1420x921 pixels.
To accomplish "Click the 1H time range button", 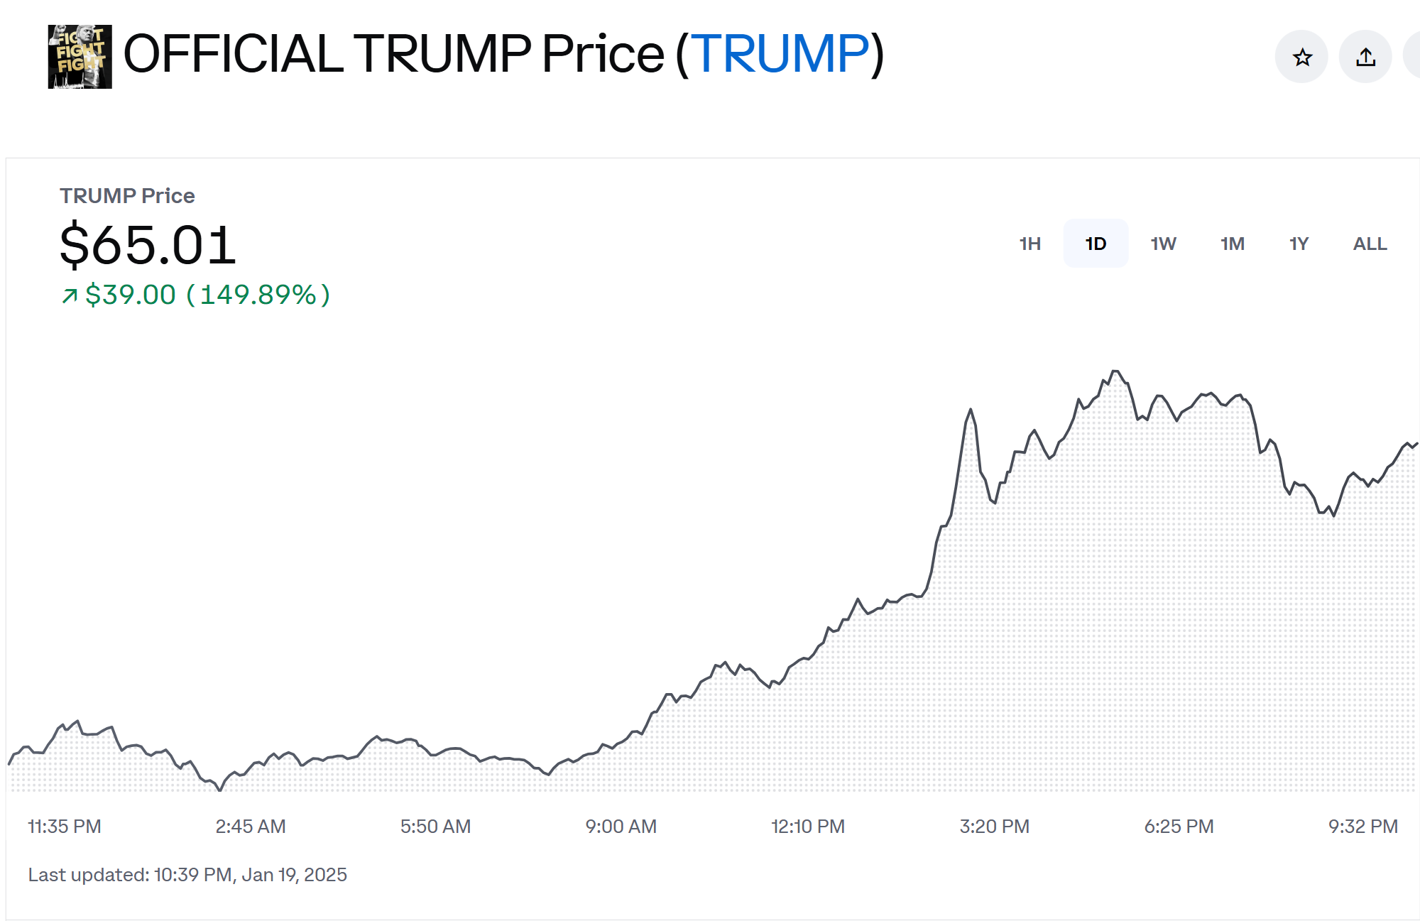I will [1029, 244].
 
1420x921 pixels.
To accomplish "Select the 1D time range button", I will [1096, 244].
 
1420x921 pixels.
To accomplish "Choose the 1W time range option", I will [1163, 244].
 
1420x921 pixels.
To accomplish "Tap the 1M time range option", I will [1232, 244].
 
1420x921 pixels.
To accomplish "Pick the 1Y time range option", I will [1299, 244].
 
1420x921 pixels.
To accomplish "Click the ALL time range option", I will [1370, 244].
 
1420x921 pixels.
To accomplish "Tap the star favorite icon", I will [1301, 57].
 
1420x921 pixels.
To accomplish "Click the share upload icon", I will [1365, 57].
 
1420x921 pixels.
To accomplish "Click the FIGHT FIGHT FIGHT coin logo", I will [80, 57].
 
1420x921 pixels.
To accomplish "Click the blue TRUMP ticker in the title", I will [780, 54].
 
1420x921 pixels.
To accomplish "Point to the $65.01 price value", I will [148, 245].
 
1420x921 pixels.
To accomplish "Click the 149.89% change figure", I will [258, 295].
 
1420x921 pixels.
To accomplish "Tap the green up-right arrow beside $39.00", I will [70, 295].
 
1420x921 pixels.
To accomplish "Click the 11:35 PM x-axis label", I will [65, 827].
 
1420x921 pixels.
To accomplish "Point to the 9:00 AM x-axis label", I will [621, 827].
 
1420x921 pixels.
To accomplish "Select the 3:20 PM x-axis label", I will [994, 827].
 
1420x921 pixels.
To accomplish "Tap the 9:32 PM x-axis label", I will [1362, 827].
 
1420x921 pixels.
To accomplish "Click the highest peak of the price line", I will [1115, 371].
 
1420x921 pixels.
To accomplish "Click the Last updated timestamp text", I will [187, 875].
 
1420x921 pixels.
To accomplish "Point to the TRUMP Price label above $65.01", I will [127, 195].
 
